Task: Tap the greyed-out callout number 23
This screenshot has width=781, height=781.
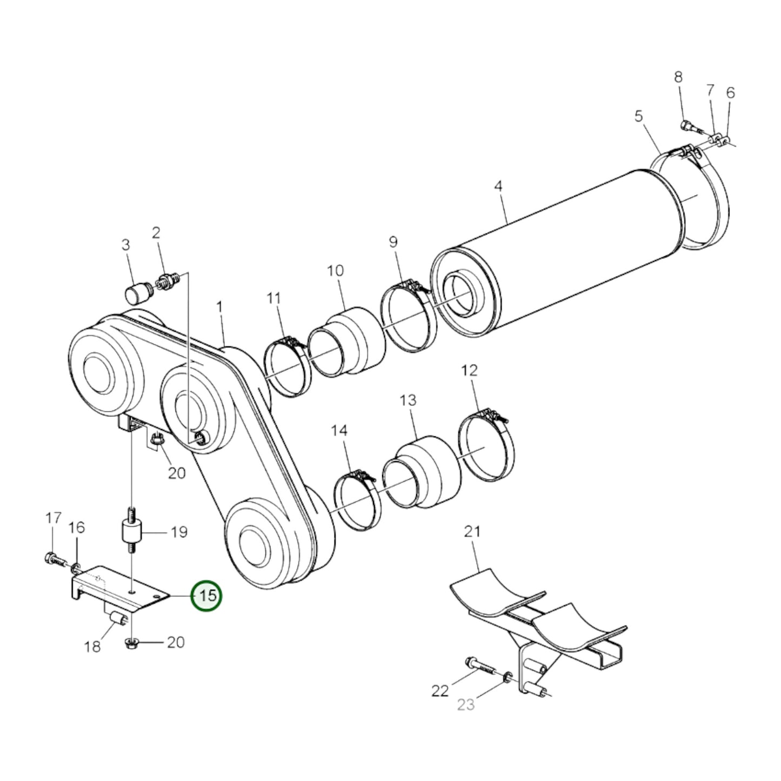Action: [465, 705]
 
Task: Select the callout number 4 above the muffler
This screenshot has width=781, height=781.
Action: [498, 186]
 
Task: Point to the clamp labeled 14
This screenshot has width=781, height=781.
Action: [357, 500]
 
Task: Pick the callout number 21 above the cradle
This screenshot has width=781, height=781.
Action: [472, 532]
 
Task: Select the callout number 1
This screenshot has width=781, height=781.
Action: [219, 307]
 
